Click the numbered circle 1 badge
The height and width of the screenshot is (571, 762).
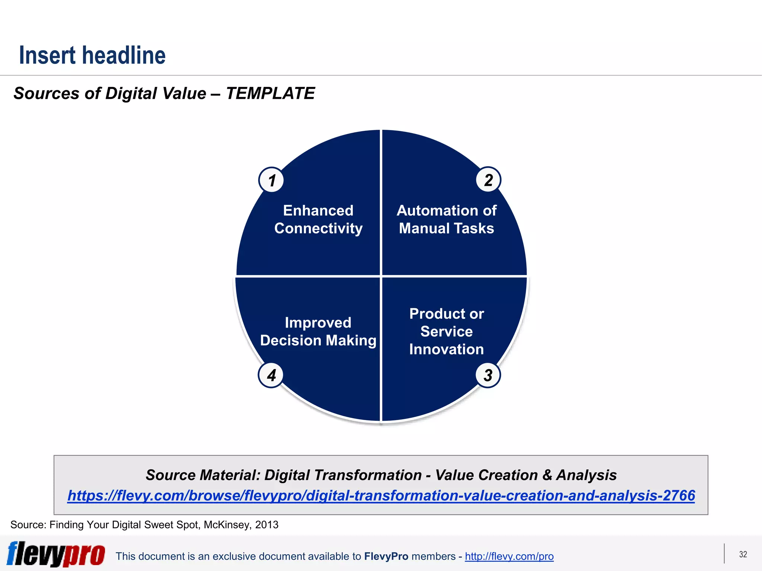pos(272,180)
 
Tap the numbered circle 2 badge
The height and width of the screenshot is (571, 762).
pos(488,180)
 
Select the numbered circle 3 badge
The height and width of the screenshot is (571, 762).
pos(488,375)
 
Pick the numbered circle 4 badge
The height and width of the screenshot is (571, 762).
pos(271,375)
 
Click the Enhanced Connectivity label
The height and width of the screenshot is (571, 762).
pos(318,219)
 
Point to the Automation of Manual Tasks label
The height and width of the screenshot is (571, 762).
pos(446,219)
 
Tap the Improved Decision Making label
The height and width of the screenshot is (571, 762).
pos(318,331)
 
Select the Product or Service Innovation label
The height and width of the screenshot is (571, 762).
pos(446,331)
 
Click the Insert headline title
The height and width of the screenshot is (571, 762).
pos(92,55)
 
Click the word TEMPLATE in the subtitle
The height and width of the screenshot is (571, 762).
pos(270,93)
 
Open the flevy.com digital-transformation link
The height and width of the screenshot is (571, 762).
pos(381,496)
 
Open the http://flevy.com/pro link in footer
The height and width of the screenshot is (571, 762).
pos(509,556)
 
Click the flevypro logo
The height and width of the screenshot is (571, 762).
pos(56,554)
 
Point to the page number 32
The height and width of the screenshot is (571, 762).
pos(743,554)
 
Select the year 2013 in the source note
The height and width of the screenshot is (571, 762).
pos(267,525)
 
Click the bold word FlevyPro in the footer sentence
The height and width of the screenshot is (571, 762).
pos(386,556)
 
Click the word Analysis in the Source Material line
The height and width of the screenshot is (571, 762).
pos(586,475)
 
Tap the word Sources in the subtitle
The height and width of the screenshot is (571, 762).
pos(46,93)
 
